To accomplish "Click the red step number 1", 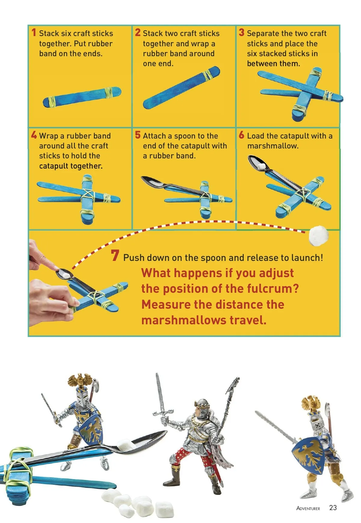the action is pyautogui.click(x=34, y=32).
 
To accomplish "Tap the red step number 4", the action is pyautogui.click(x=34, y=135).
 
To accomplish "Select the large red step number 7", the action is pyautogui.click(x=115, y=255).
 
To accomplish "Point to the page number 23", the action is pyautogui.click(x=333, y=508).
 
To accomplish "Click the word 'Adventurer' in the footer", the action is pyautogui.click(x=308, y=508).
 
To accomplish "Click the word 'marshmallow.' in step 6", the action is pyautogui.click(x=273, y=146).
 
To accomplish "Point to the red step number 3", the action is pyautogui.click(x=242, y=32).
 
